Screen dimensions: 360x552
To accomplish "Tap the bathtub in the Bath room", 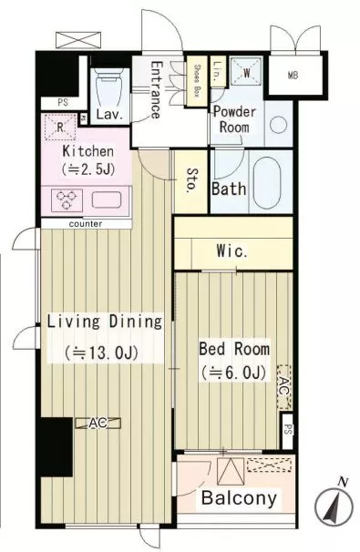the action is (267, 183).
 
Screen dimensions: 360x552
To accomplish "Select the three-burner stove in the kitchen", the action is (67, 200).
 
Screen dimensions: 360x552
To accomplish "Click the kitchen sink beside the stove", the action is (107, 199).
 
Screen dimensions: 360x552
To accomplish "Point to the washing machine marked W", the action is (246, 73).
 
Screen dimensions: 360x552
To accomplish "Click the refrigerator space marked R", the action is (60, 128).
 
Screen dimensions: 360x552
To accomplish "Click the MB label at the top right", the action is (293, 76).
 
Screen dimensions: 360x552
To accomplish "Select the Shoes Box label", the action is (197, 81).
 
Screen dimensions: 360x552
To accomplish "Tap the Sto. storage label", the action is (192, 179).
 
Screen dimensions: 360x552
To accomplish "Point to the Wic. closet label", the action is (232, 251).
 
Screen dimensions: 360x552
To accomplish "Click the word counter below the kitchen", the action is (86, 224).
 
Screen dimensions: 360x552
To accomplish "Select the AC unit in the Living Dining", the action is (98, 424).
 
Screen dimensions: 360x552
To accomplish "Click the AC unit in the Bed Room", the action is (284, 387).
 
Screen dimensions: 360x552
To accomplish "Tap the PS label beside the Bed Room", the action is (288, 431).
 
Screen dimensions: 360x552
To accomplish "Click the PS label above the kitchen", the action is (63, 103).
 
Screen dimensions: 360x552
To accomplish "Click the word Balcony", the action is (239, 498).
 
